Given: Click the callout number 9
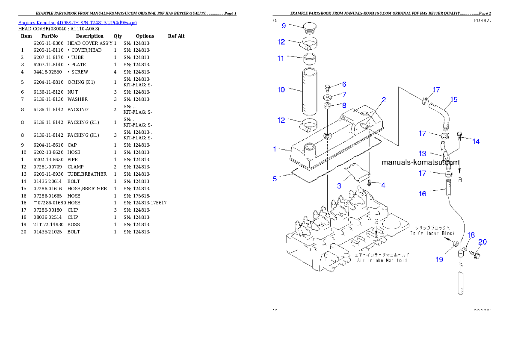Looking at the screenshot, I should (283, 26).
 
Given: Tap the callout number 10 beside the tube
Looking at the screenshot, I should (281, 90).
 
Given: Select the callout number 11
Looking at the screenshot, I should (281, 58).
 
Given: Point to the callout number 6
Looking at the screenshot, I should (344, 84).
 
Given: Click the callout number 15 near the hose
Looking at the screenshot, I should (454, 100).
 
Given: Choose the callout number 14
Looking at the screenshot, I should (476, 142).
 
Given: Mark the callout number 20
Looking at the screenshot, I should (482, 242).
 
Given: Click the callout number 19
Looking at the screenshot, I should (439, 260).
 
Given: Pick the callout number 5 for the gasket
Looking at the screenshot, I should (275, 179).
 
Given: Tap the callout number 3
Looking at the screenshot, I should (339, 186).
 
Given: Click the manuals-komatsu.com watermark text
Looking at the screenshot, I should (420, 162).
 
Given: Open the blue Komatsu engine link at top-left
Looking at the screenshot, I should (77, 23).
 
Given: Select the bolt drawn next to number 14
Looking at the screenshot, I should (460, 136).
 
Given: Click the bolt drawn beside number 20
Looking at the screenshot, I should (475, 255).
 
